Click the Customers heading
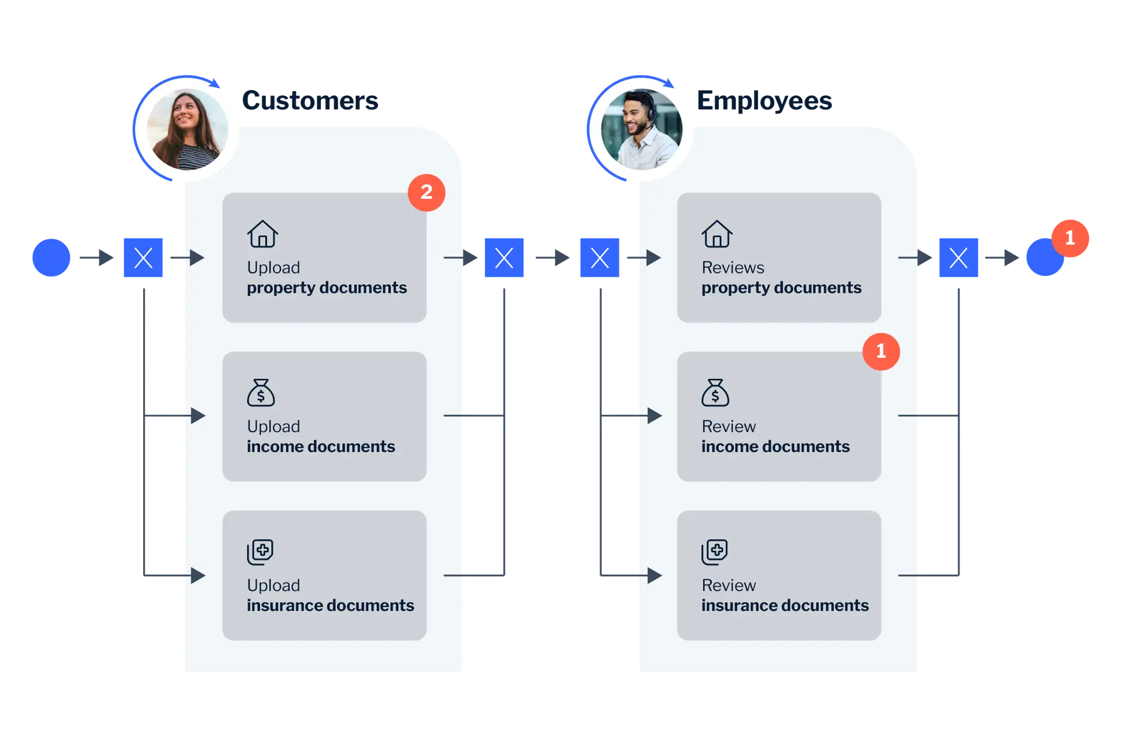tap(310, 101)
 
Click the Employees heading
tap(764, 101)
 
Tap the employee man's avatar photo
tap(641, 129)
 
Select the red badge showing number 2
tap(427, 192)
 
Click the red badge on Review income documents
tap(881, 351)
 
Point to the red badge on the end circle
tap(1069, 238)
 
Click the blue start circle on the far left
tap(51, 257)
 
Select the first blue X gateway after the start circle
tap(144, 257)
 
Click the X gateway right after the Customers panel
tap(504, 257)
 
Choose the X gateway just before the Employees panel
tap(599, 257)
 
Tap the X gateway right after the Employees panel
tap(958, 257)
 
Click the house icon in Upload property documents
tap(262, 234)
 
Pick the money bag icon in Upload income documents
tap(261, 393)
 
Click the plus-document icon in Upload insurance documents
tap(260, 551)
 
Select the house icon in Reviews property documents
tap(717, 234)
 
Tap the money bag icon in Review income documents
tap(715, 393)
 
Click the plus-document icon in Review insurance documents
tap(715, 551)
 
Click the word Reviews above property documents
tap(733, 267)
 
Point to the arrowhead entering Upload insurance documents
tap(198, 575)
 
